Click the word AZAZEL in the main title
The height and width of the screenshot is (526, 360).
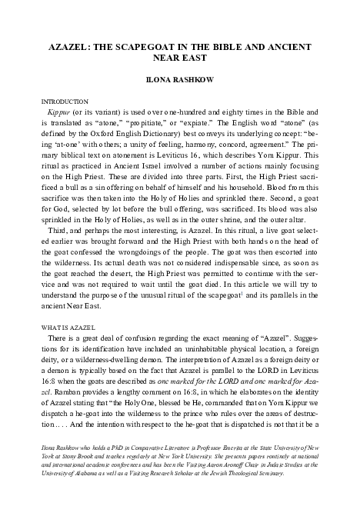70,45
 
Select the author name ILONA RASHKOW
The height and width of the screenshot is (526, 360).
179,79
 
